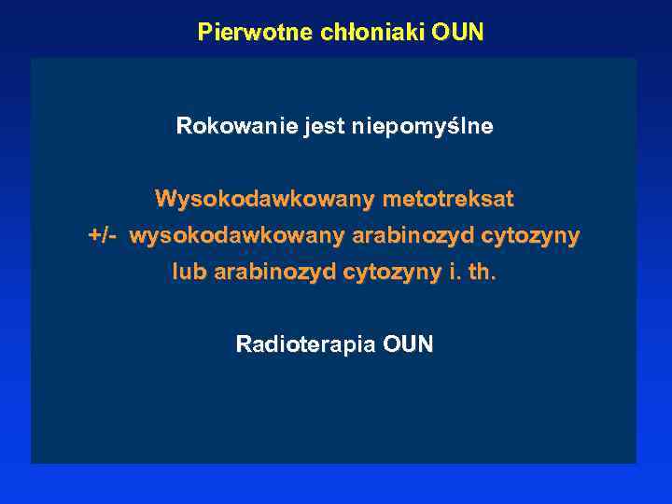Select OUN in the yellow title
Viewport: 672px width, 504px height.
coord(458,33)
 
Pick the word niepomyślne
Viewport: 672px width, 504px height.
coord(422,126)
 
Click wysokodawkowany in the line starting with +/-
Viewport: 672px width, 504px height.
coord(237,236)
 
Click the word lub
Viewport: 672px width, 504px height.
coord(189,273)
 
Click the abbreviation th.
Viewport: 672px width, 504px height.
coord(482,273)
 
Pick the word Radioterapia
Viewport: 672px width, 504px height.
coord(305,345)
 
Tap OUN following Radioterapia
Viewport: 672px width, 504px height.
coord(409,345)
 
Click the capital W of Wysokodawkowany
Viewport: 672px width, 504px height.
coord(165,200)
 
